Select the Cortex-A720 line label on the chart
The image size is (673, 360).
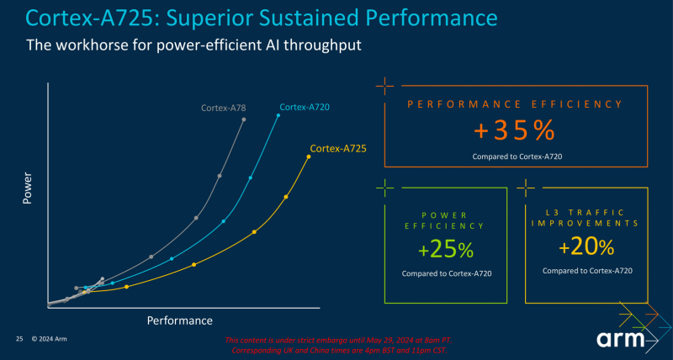(304, 108)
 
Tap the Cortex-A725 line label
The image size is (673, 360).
(337, 149)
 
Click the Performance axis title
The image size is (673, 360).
(180, 320)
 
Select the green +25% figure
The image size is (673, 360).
(446, 250)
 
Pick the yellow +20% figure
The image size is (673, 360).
(586, 247)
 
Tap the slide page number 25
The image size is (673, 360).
(19, 338)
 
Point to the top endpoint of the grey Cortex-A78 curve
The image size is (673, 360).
(244, 119)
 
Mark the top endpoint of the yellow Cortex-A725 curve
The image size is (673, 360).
(309, 156)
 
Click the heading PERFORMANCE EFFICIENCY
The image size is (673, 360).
(514, 104)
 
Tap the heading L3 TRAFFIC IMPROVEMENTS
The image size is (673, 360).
(586, 217)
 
